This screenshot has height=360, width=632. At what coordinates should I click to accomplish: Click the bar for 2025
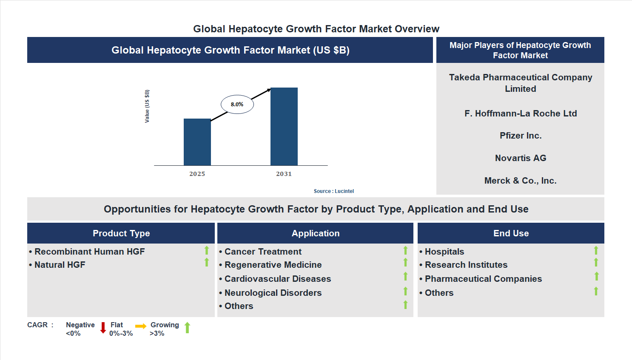(x=197, y=142)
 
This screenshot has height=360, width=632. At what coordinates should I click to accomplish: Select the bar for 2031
(x=284, y=126)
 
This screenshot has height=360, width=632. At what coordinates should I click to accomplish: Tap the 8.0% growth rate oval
(x=237, y=104)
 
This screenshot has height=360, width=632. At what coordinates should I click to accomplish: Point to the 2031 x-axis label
(x=284, y=174)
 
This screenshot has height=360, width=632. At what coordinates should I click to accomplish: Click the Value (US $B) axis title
(x=147, y=106)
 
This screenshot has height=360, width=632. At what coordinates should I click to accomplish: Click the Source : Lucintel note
(x=333, y=191)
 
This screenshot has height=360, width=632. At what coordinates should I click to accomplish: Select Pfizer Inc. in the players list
(x=520, y=136)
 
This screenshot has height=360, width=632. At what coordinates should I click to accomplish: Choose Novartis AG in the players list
(x=520, y=158)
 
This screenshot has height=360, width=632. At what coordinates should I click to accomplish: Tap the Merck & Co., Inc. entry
(x=520, y=181)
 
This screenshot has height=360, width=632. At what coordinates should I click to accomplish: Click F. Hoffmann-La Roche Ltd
(x=520, y=113)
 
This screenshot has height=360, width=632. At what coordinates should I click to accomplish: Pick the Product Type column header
(x=121, y=233)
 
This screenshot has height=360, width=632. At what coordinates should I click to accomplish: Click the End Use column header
(x=511, y=233)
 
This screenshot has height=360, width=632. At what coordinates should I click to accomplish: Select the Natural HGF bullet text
(x=60, y=265)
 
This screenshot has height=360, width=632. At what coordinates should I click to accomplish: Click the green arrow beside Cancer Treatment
(x=405, y=250)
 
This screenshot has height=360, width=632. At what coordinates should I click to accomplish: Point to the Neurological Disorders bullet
(x=273, y=293)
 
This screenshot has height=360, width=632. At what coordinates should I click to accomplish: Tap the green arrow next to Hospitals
(x=596, y=250)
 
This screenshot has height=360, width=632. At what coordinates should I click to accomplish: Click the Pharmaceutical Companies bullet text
(x=483, y=279)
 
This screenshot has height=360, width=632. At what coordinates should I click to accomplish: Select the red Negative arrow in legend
(x=103, y=328)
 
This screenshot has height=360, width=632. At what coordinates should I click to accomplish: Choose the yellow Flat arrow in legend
(x=140, y=326)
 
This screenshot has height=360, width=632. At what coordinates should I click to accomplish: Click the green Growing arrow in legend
(x=187, y=328)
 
